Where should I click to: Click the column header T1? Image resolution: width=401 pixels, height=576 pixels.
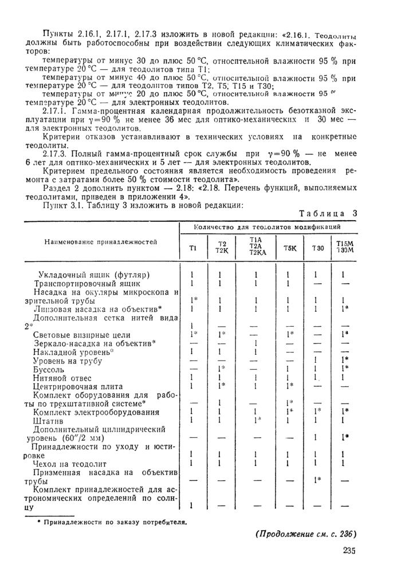tap(192, 248)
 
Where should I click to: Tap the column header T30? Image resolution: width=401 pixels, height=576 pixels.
tap(317, 248)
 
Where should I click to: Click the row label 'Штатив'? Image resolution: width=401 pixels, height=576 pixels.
tap(49, 420)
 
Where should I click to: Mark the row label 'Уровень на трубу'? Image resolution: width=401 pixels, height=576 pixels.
tap(69, 362)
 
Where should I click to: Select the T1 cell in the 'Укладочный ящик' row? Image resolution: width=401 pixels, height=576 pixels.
tap(192, 275)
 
